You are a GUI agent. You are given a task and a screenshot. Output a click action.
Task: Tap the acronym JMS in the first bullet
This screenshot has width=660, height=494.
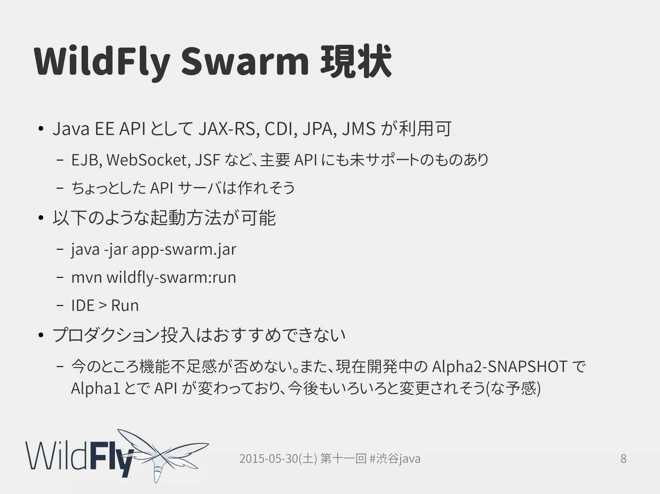pyautogui.click(x=358, y=129)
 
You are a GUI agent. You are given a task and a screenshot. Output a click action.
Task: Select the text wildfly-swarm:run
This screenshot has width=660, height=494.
pyautogui.click(x=171, y=277)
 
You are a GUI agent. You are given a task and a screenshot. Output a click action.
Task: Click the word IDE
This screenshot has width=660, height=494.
pyautogui.click(x=83, y=305)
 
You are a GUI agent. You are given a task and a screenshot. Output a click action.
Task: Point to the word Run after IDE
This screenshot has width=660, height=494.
pyautogui.click(x=125, y=305)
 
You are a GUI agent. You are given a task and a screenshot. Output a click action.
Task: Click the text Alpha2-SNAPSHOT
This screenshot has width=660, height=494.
pyautogui.click(x=500, y=367)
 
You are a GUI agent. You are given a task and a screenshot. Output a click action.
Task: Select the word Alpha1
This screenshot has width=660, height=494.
pyautogui.click(x=95, y=388)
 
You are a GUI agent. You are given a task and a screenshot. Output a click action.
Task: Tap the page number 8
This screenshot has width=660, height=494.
pyautogui.click(x=623, y=458)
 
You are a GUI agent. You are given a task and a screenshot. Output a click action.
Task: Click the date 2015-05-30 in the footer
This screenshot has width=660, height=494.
pyautogui.click(x=269, y=459)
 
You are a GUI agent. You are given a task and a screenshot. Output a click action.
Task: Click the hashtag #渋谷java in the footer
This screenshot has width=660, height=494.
pyautogui.click(x=395, y=459)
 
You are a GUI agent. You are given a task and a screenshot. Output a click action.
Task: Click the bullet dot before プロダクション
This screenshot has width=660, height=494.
pyautogui.click(x=40, y=336)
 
